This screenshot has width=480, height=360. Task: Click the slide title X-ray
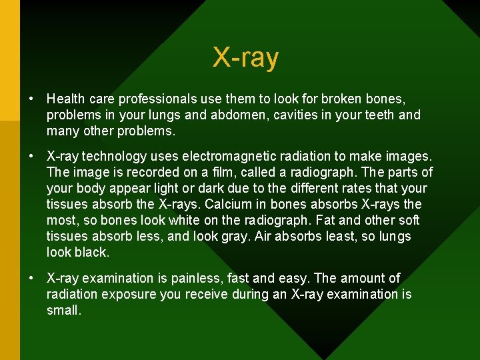tap(245, 58)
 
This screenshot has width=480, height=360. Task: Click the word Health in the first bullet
tap(65, 99)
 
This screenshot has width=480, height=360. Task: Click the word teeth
tap(374, 115)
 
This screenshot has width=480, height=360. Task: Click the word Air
tap(265, 236)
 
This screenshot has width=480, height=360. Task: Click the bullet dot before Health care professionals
tap(31, 99)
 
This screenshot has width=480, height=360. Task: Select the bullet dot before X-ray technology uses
tap(31, 156)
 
